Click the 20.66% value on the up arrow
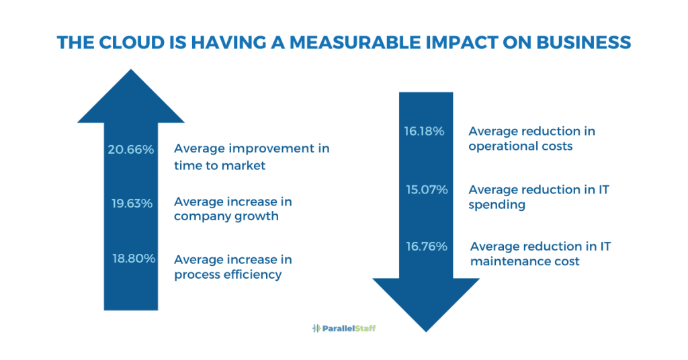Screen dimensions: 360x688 click(131, 149)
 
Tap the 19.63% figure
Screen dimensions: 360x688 click(132, 202)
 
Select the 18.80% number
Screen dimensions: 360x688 click(134, 259)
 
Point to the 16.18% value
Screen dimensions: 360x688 click(424, 131)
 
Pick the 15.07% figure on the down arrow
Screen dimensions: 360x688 click(427, 189)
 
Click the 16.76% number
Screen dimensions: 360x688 click(426, 246)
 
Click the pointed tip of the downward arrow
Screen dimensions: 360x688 click(426, 329)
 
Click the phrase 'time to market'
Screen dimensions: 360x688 click(220, 166)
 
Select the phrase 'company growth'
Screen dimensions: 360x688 click(226, 216)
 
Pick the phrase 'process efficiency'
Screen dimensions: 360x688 click(228, 274)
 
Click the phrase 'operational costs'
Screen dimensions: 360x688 click(520, 146)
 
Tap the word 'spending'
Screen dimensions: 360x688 click(497, 204)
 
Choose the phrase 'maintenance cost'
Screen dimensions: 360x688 click(525, 261)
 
